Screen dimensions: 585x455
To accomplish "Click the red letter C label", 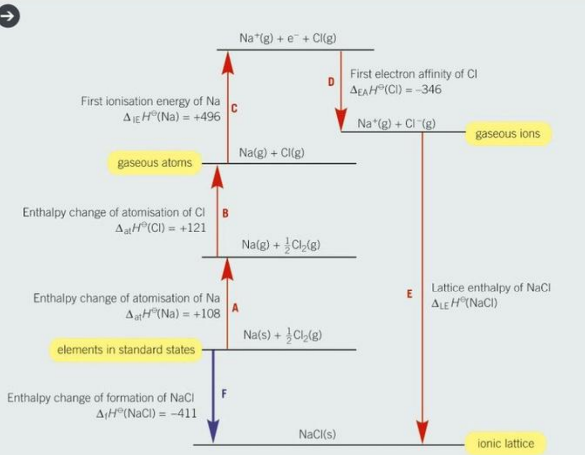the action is (x=234, y=109).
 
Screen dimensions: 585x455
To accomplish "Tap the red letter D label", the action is (x=331, y=82).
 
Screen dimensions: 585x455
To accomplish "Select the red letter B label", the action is (x=225, y=213).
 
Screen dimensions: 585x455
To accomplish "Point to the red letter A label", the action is (x=235, y=308).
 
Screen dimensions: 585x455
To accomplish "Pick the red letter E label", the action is (x=409, y=294).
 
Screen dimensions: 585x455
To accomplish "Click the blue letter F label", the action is (x=224, y=394).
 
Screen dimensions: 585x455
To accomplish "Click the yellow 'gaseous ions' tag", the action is (x=508, y=134).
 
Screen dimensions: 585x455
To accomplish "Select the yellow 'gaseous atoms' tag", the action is (x=155, y=163).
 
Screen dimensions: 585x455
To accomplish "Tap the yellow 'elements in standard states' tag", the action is (x=126, y=350).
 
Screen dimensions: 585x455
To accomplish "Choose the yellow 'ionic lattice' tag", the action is (x=506, y=444).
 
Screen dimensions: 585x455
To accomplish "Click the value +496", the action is (x=207, y=117).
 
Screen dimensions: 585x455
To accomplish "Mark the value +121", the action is (x=193, y=228).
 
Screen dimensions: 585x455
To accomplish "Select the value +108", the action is (x=207, y=314).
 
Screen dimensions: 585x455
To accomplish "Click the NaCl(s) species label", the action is (x=317, y=434).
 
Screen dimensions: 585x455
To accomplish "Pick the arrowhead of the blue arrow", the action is (x=213, y=430).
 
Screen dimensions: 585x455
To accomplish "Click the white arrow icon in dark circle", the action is (x=9, y=16).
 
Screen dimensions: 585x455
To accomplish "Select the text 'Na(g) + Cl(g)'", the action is (x=272, y=153).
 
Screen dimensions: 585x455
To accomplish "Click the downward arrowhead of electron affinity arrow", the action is (x=341, y=120).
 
